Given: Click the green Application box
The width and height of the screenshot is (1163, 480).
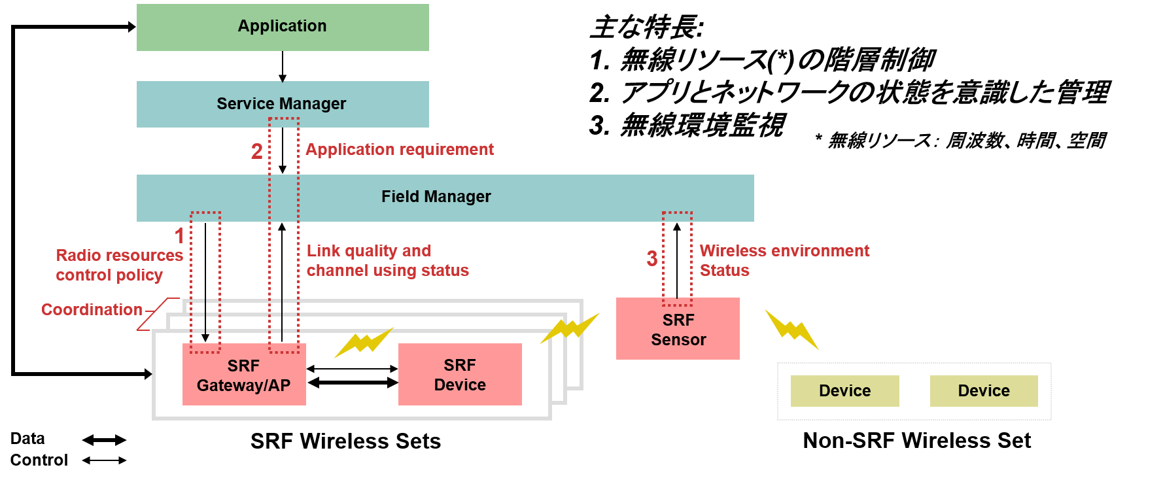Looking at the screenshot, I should (x=283, y=27).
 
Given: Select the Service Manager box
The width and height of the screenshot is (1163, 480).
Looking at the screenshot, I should (x=283, y=104).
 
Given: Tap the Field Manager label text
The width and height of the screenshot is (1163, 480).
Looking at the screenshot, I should (x=436, y=197).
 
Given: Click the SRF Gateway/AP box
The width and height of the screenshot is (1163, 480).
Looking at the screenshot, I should (x=243, y=375).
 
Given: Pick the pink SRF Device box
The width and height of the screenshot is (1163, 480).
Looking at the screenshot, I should (x=460, y=375).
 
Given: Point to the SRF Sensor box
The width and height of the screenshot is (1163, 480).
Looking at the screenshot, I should (x=678, y=330).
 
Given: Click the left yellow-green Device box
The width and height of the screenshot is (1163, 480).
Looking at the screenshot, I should (x=844, y=391).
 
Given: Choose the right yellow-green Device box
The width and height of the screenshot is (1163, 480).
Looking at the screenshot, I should (x=984, y=391).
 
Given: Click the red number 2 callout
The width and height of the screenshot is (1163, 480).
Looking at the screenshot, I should (x=257, y=152).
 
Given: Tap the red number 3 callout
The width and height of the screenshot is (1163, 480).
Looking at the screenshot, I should (x=652, y=259).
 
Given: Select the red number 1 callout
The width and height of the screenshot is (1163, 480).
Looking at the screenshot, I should (x=179, y=236).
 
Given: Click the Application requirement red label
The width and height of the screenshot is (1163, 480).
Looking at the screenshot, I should (x=400, y=150).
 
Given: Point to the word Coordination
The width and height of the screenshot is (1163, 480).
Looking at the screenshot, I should (x=92, y=309).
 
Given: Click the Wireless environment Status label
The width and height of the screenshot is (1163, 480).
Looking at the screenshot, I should (x=784, y=260).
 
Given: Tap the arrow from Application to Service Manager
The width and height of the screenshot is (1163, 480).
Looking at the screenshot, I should (x=283, y=67).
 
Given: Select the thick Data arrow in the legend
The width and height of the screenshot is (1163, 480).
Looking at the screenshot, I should (x=105, y=440).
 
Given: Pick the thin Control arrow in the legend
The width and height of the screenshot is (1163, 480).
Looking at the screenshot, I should (x=105, y=460).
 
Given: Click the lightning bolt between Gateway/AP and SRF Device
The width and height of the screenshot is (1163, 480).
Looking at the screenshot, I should (x=364, y=342).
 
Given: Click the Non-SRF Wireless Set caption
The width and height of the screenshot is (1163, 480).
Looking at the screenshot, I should (x=916, y=441).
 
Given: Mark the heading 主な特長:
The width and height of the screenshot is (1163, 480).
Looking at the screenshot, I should (x=646, y=27).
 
